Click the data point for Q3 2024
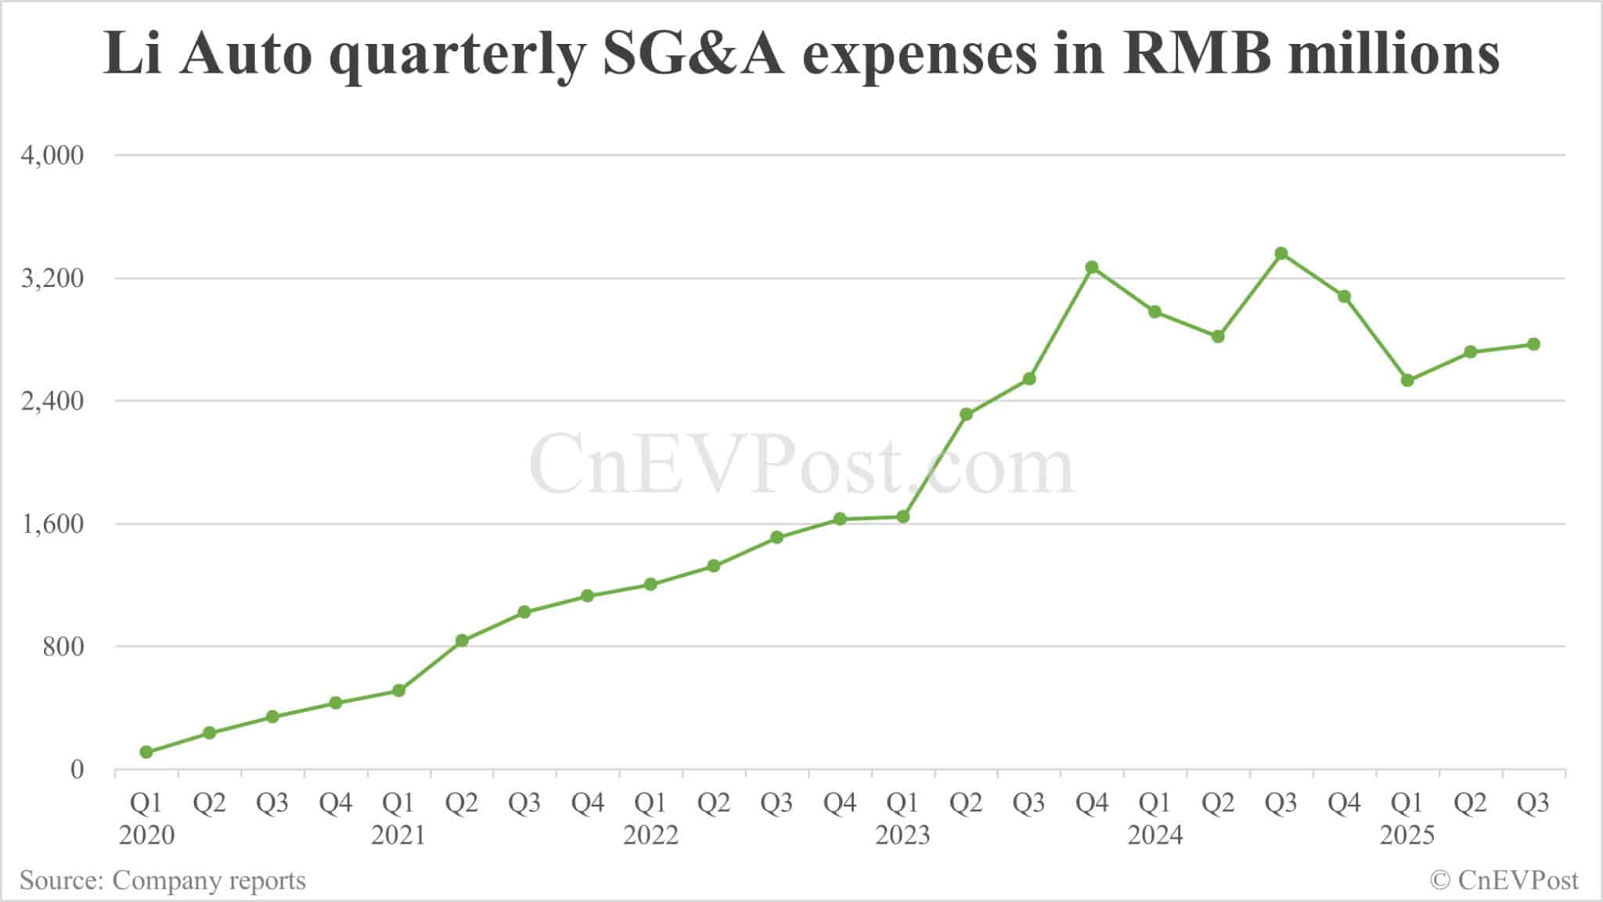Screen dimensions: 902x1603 click(x=1281, y=253)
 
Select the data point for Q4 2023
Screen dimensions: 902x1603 click(x=1092, y=267)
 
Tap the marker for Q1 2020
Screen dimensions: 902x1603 click(x=146, y=752)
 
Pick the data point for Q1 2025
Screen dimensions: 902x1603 click(x=1407, y=380)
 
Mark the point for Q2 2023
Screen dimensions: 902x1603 click(x=966, y=414)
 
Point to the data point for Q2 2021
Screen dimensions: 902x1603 click(x=462, y=640)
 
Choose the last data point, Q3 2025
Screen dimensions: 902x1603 click(x=1533, y=344)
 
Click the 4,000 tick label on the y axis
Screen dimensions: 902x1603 click(x=52, y=155)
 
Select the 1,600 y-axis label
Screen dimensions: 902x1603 click(x=52, y=523)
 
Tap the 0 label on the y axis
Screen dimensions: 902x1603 click(x=76, y=770)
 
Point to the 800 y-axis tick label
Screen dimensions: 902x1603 click(x=62, y=647)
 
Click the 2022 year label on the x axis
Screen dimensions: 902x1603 click(x=650, y=835)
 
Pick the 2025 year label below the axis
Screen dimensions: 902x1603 click(x=1407, y=835)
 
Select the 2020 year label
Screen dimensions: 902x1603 click(x=146, y=835)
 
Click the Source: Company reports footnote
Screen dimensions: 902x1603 click(x=163, y=880)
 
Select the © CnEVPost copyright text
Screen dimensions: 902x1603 click(x=1504, y=880)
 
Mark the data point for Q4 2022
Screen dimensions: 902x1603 click(x=840, y=519)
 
